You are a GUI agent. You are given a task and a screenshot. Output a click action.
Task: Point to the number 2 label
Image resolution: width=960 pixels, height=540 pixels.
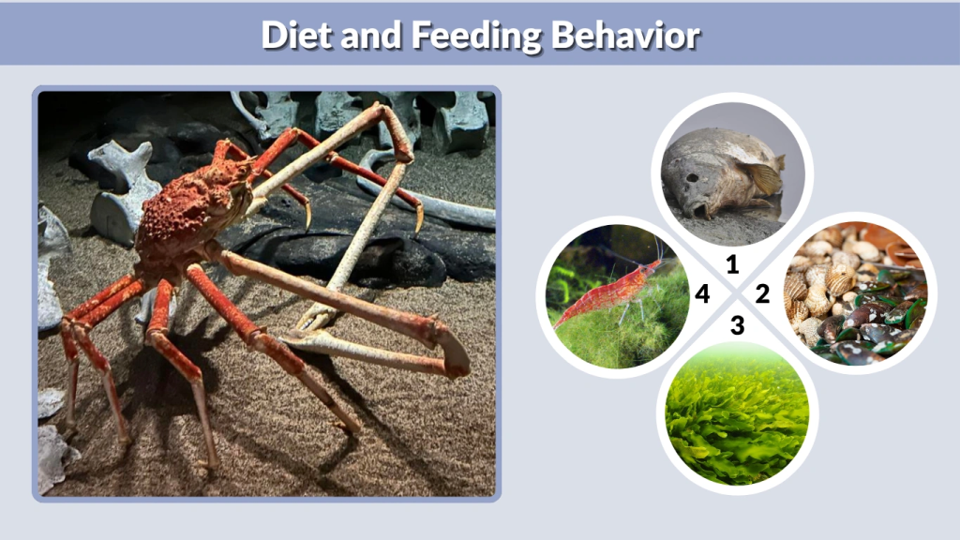[762, 295]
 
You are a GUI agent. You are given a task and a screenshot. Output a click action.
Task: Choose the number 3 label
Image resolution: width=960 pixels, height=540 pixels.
[737, 326]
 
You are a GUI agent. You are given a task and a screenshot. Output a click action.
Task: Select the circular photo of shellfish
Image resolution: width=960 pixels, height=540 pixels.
[852, 295]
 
